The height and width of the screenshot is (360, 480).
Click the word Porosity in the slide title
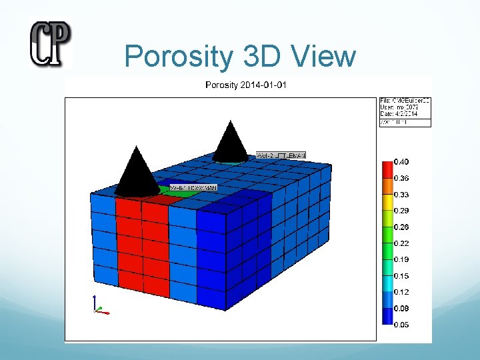(x=178, y=57)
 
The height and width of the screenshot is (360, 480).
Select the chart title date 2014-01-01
(x=265, y=85)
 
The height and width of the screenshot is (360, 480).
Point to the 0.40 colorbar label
(x=401, y=162)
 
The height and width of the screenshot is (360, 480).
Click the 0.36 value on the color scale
(x=401, y=178)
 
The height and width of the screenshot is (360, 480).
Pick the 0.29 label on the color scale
(x=401, y=211)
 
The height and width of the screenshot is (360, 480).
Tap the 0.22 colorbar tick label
(x=401, y=243)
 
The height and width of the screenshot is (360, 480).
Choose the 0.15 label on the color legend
(x=401, y=276)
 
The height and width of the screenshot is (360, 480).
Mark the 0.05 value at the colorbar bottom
(x=401, y=325)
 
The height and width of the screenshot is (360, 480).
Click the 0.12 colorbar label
(x=401, y=292)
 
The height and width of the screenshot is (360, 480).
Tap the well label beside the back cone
(x=281, y=155)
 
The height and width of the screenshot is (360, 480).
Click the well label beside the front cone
(x=193, y=188)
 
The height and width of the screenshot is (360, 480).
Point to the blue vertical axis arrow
(x=95, y=301)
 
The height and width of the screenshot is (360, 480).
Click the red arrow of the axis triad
(x=103, y=311)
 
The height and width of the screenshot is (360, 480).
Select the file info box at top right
(x=405, y=112)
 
